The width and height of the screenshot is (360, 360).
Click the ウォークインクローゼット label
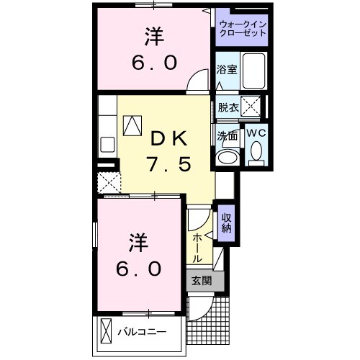(241, 30)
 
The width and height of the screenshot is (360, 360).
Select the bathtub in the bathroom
(253, 71)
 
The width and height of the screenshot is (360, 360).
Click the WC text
(256, 133)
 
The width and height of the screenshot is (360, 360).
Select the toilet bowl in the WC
(256, 153)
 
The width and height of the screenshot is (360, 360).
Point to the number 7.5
(170, 165)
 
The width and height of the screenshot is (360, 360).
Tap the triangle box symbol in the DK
(133, 127)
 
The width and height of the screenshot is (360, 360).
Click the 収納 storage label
(226, 224)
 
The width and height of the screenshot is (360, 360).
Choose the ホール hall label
(197, 247)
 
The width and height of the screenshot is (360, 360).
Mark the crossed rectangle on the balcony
(106, 332)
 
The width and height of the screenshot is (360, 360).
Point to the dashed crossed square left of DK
(109, 181)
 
